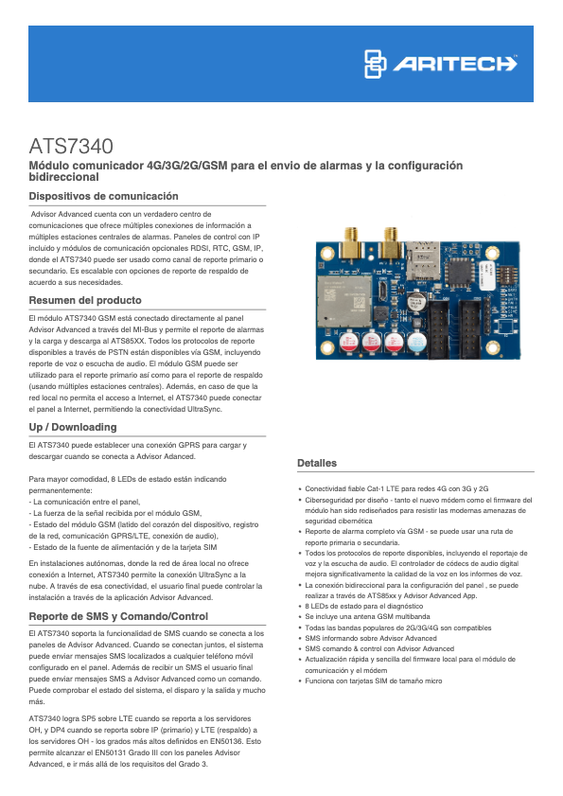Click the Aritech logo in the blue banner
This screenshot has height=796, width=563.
click(x=441, y=63)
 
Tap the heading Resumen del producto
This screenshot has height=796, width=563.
click(x=85, y=300)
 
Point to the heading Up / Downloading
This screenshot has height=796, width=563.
click(x=73, y=427)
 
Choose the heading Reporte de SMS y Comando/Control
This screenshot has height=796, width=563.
click(x=118, y=616)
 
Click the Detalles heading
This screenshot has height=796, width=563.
click(x=317, y=463)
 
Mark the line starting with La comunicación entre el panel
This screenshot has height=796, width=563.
click(x=85, y=502)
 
